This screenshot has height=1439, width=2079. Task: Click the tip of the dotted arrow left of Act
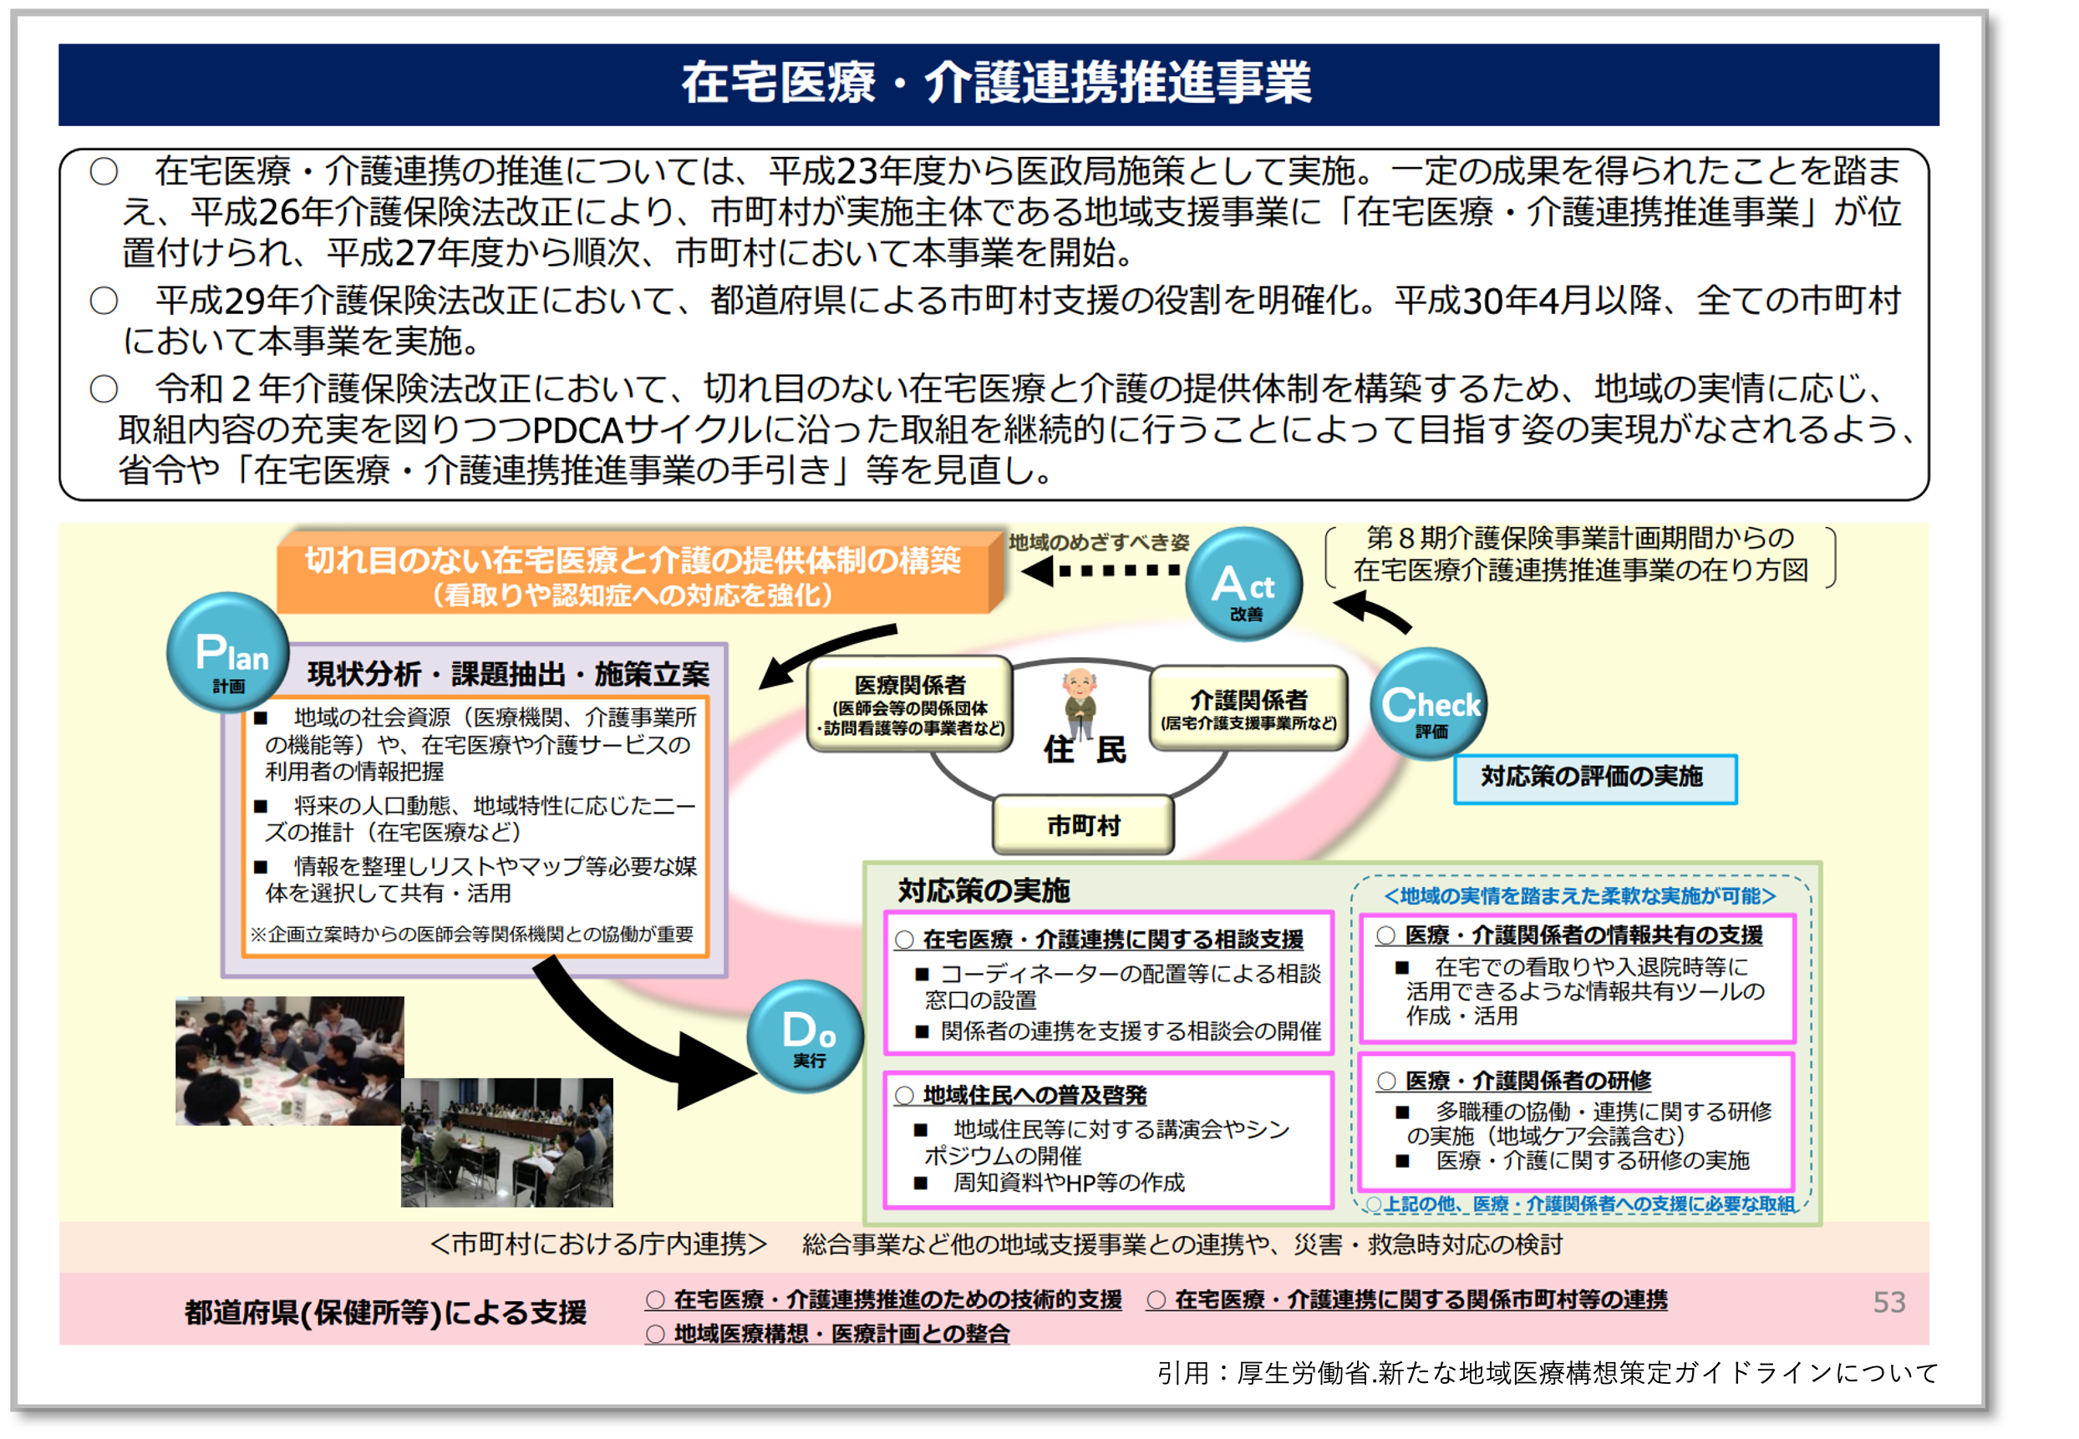(x=1024, y=570)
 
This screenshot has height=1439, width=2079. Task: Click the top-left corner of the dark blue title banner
(x=59, y=44)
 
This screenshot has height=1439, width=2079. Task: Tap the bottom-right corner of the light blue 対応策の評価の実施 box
(x=1736, y=803)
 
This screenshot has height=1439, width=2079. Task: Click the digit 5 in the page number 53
(x=1881, y=1302)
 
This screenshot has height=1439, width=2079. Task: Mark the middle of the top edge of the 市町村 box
(x=1083, y=797)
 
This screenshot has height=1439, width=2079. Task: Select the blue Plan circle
(x=228, y=652)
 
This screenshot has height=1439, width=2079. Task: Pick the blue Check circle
(x=1429, y=704)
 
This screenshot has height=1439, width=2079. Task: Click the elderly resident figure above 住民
(x=1080, y=701)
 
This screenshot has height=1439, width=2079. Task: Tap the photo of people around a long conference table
(x=507, y=1143)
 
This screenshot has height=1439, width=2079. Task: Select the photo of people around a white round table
(x=289, y=1061)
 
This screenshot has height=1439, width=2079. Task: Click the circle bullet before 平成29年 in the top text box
(x=104, y=300)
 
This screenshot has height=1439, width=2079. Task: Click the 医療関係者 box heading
(x=910, y=685)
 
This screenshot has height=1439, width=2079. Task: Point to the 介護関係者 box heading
(x=1248, y=700)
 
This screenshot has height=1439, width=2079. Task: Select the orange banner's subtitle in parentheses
(x=633, y=595)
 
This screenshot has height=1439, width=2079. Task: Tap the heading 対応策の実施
(x=984, y=891)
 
